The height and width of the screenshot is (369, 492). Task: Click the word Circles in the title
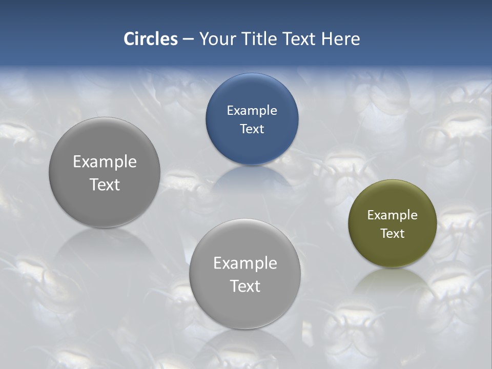150,39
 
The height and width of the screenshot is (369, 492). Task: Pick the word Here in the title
341,39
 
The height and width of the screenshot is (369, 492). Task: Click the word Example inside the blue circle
252,110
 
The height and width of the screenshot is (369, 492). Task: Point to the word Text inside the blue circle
252,129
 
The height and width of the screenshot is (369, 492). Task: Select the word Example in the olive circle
393,215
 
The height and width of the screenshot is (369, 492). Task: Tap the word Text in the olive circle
393,234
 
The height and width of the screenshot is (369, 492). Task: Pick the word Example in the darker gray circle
105,161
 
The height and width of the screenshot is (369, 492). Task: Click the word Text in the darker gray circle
105,184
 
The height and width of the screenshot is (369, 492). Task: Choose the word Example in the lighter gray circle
245,263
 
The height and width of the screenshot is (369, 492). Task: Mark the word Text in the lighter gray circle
245,286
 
